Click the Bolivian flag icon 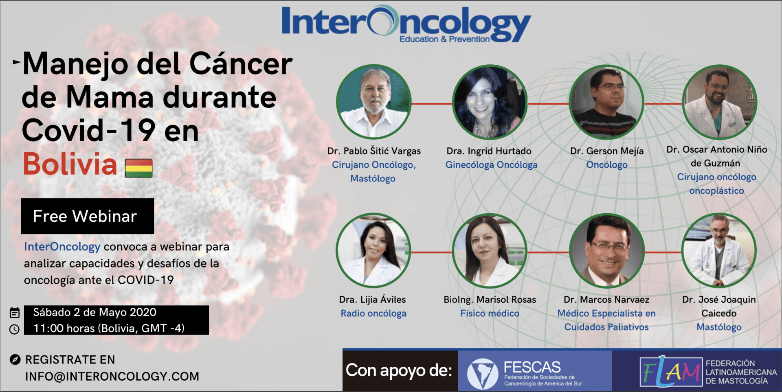point(138,168)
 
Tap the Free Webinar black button point(88,216)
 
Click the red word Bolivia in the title point(70,164)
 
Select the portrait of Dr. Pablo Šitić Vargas point(374,102)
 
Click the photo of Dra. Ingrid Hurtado point(490,102)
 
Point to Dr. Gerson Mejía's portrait point(606,102)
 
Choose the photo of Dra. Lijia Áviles point(373,251)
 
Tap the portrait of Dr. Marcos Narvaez point(606,251)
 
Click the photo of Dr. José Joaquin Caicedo point(719,251)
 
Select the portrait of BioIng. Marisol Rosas point(490,251)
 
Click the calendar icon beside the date point(15,313)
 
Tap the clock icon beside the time point(14,329)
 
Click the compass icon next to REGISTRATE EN point(15,359)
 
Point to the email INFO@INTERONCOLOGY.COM point(112,377)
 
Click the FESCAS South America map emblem point(482,373)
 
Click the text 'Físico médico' point(490,313)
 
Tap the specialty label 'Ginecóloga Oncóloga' point(491,165)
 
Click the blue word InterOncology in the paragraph point(62,247)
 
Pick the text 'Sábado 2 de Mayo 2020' point(94,312)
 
